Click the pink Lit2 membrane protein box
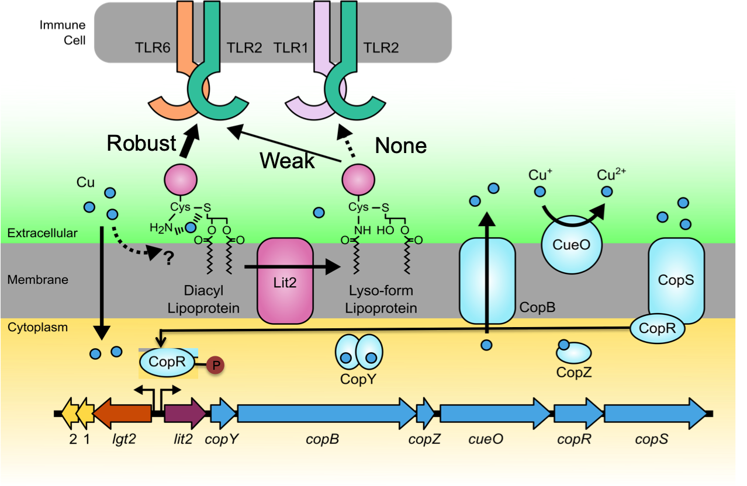(285, 280)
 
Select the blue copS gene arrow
(655, 412)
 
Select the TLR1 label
(290, 48)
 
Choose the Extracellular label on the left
(42, 233)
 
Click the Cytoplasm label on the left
(37, 327)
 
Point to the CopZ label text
(574, 372)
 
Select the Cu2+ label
(610, 175)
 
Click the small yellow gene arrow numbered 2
(71, 412)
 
